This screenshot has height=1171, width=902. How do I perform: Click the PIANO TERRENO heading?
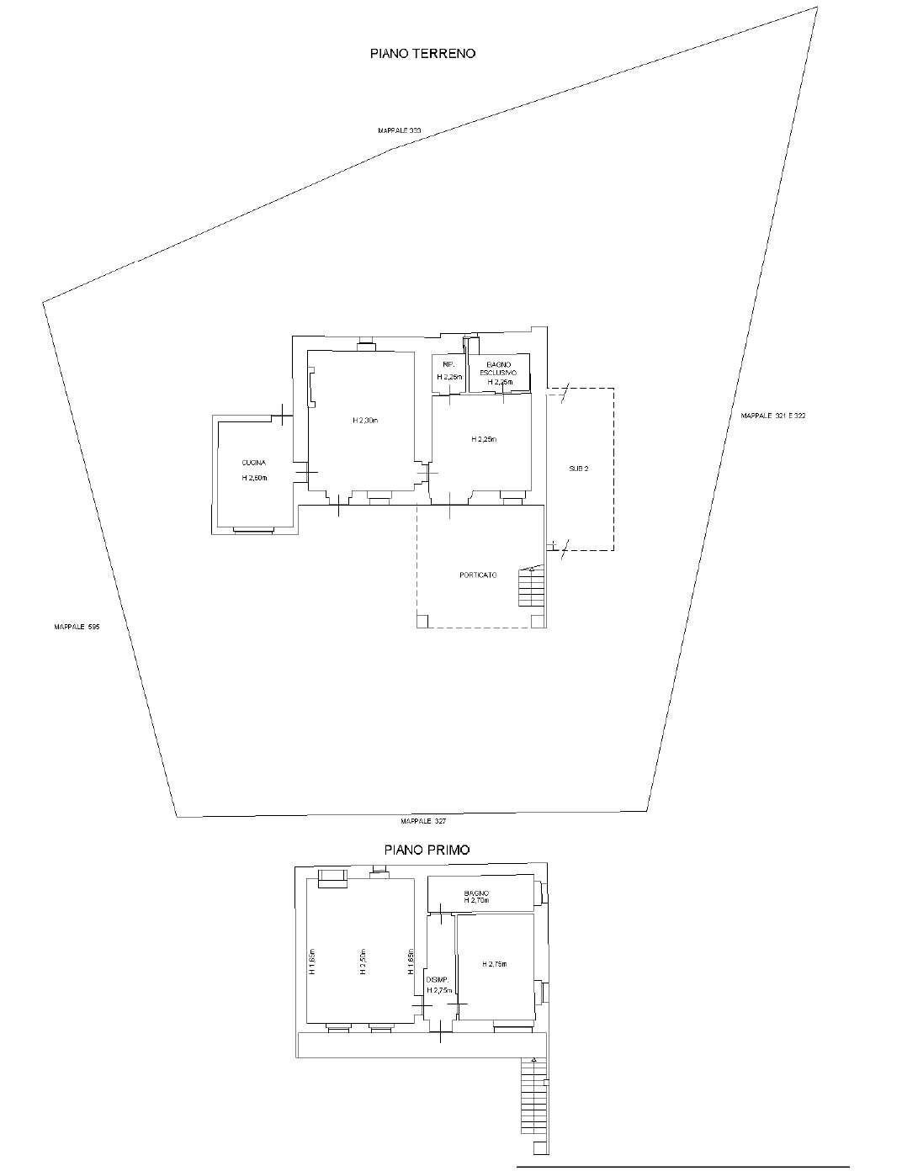(x=423, y=53)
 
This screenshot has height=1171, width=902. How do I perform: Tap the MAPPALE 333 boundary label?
(x=399, y=131)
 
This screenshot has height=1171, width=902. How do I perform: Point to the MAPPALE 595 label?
(x=77, y=627)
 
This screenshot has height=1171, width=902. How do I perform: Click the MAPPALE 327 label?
(x=423, y=821)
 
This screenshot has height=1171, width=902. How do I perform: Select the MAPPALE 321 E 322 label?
(x=772, y=416)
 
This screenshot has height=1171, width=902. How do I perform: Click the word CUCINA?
(x=254, y=463)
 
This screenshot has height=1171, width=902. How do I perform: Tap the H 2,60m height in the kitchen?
(x=254, y=478)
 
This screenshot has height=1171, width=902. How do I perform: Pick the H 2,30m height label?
(x=366, y=420)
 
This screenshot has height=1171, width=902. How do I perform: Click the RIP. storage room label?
(x=448, y=363)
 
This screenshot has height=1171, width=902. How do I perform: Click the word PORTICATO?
(x=478, y=575)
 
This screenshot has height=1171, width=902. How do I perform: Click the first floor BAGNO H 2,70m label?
(x=476, y=897)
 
